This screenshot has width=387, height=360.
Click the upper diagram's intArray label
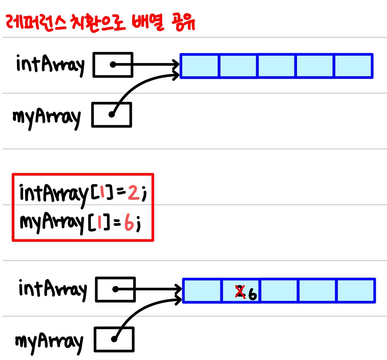[x=50, y=65]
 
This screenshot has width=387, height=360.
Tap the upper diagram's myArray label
[x=47, y=117]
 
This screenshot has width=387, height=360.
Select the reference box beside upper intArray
[x=113, y=64]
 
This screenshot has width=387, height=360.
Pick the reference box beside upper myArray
[x=112, y=114]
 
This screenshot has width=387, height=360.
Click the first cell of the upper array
[x=200, y=66]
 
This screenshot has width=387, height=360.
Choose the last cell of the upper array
[x=354, y=66]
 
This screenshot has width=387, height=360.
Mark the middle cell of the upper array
[x=277, y=66]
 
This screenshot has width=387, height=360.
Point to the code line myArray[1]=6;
[x=80, y=223]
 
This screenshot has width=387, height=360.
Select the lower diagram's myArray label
[x=49, y=341]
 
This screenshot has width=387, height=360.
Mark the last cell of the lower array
[x=356, y=291]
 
